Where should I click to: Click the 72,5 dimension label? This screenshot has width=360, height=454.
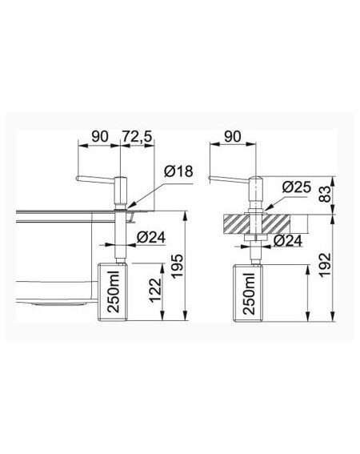[x=136, y=137]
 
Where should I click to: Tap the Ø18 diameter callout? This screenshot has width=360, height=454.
[x=178, y=171]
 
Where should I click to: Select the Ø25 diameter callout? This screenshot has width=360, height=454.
[x=297, y=187]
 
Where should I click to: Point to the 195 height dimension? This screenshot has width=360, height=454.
[x=177, y=266]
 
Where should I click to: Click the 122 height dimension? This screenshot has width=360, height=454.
[x=155, y=290]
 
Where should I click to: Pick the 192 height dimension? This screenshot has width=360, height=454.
[x=325, y=265]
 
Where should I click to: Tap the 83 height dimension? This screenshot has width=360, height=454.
[x=325, y=194]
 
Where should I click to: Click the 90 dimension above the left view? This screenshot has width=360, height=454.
[x=100, y=137]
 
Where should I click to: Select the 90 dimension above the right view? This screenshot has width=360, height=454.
[x=233, y=137]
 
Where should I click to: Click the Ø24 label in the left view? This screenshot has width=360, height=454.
[x=151, y=238]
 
